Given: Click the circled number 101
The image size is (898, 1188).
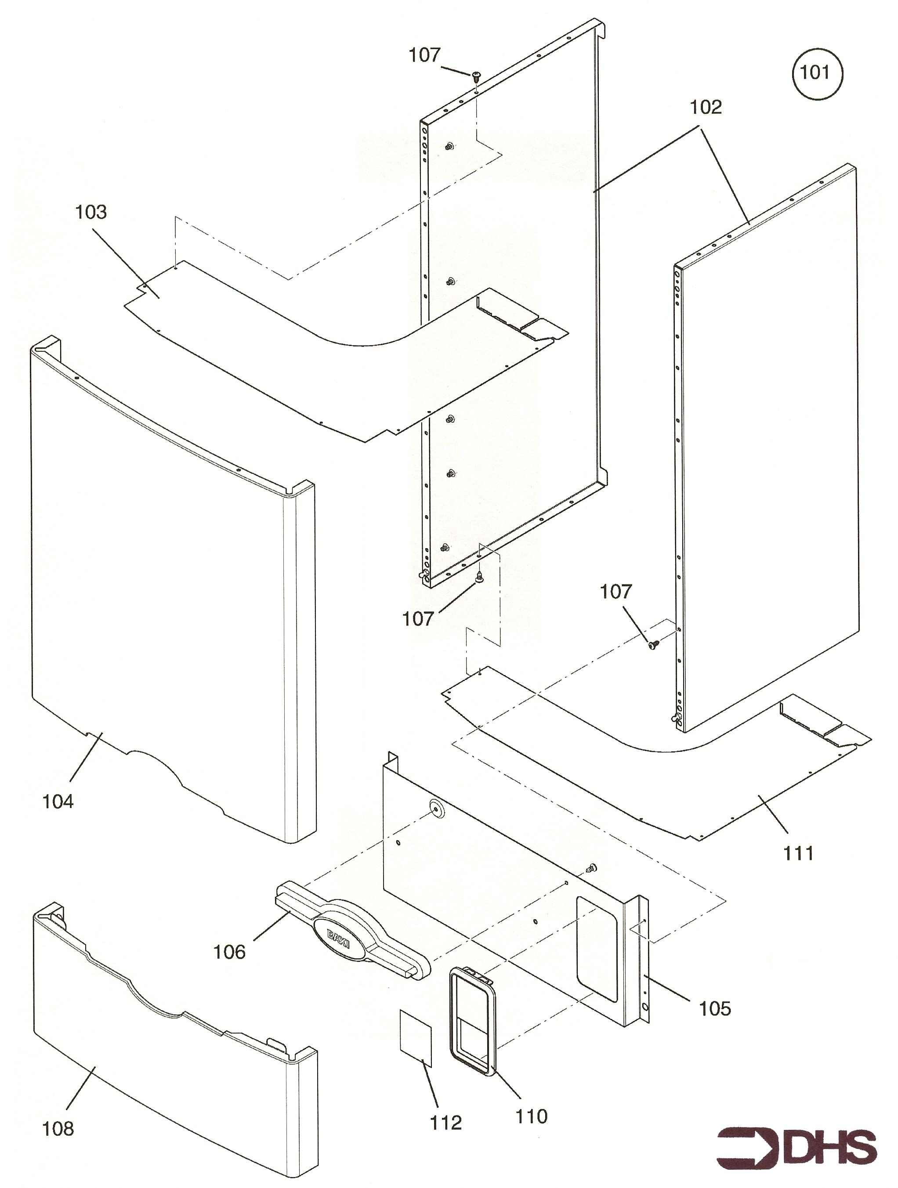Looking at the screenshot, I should [x=817, y=72].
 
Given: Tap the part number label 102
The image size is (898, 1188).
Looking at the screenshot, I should [x=706, y=108].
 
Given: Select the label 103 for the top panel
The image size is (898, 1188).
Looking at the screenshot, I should [x=91, y=212].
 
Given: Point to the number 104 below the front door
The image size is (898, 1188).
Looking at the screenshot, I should [x=58, y=802].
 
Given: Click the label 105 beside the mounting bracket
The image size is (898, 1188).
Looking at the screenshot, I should [x=715, y=1009].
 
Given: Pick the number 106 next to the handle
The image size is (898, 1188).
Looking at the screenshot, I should [x=229, y=952].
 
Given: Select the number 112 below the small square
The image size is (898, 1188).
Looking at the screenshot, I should [x=446, y=1123].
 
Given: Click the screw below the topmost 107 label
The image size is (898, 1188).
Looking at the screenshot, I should [x=476, y=77].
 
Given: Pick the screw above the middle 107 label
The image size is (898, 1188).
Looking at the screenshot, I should [x=480, y=576].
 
